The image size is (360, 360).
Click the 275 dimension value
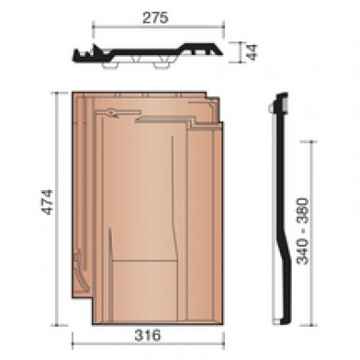(156, 18)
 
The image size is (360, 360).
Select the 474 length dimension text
(47, 202)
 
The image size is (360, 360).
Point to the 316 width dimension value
(148, 335)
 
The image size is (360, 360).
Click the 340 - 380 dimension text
(302, 231)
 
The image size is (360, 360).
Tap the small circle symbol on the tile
(112, 112)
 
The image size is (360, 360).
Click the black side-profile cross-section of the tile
(283, 209)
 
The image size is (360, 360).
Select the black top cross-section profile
(148, 54)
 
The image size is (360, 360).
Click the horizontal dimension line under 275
(158, 27)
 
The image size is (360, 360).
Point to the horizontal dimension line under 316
(148, 344)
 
